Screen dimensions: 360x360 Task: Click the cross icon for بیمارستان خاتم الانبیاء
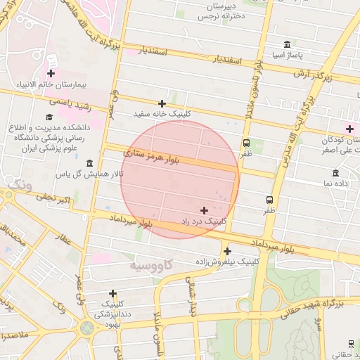(x=51, y=72)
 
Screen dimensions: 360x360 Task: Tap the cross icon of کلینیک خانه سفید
(x=162, y=103)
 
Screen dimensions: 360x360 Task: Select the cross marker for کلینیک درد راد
(x=204, y=210)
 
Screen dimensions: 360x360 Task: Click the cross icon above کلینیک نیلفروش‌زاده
(x=227, y=251)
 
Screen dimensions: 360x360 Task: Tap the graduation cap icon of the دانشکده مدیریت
(x=49, y=117)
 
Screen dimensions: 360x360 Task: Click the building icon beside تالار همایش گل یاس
(x=89, y=163)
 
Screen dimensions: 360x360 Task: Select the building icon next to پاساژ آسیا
(x=287, y=44)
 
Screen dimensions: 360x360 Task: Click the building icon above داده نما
(x=335, y=173)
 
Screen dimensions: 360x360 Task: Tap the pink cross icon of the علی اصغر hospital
(x=349, y=128)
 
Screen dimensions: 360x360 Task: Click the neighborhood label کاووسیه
(x=151, y=267)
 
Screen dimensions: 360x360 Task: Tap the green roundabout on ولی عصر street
(x=86, y=327)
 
